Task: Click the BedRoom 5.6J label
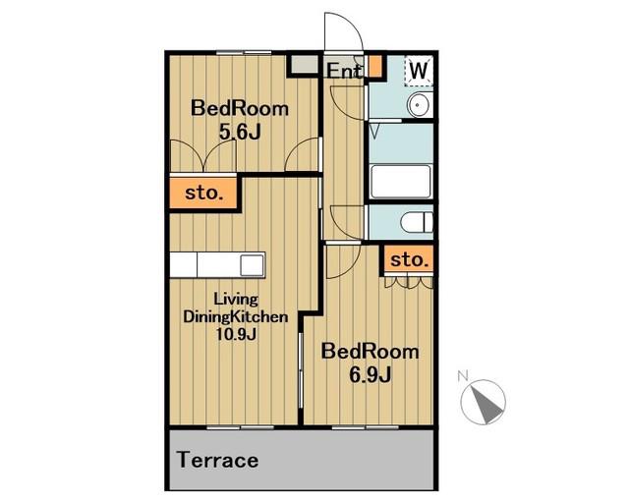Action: click(x=240, y=120)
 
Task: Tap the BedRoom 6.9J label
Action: click(x=370, y=363)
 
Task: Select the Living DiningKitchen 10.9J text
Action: click(x=236, y=316)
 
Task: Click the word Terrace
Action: click(x=218, y=460)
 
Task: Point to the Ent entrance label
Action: click(x=344, y=71)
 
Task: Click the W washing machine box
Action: click(x=419, y=71)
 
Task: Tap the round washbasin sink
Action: click(x=419, y=105)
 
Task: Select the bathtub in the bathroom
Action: click(x=401, y=182)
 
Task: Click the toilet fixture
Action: click(x=417, y=222)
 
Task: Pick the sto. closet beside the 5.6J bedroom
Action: click(x=203, y=193)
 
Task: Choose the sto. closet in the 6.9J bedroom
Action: click(x=409, y=259)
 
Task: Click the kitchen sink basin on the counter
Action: click(x=252, y=264)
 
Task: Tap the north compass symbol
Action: click(x=484, y=402)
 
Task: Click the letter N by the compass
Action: click(x=463, y=376)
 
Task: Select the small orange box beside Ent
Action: click(x=375, y=66)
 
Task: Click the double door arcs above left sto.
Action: click(x=203, y=156)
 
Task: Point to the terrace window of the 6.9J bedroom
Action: click(x=366, y=427)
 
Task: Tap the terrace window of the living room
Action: click(x=240, y=427)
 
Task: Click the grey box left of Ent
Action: click(x=304, y=64)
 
